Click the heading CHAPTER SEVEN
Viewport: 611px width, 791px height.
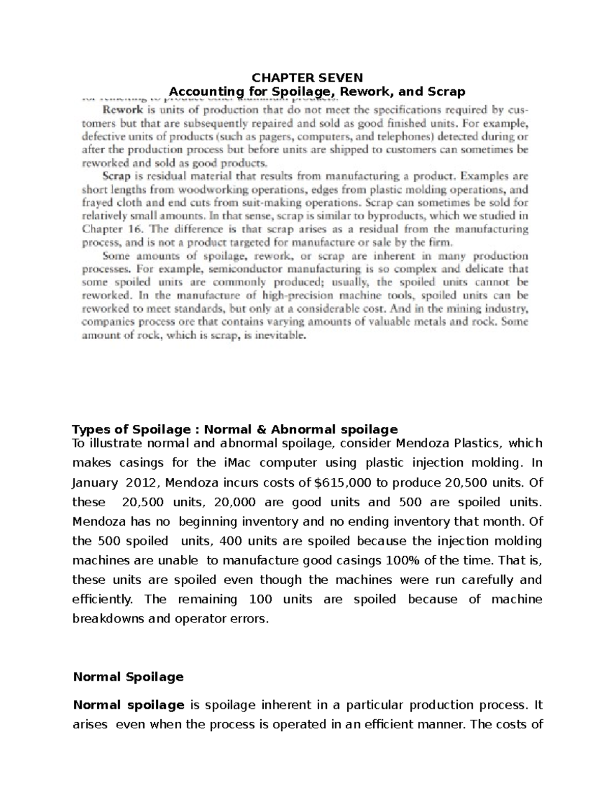coord(308,77)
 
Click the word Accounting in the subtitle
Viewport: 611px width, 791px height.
coord(200,92)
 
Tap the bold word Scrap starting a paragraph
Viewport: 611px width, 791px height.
coord(117,177)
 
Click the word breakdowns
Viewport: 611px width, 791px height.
coord(107,619)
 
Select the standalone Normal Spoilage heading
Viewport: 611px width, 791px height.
coord(128,677)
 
